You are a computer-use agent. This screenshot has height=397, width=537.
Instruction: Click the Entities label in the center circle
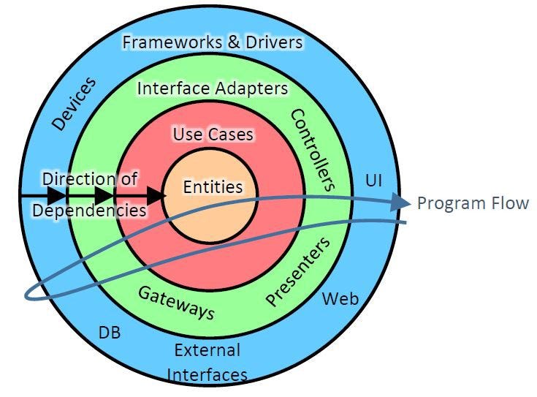[x=213, y=187]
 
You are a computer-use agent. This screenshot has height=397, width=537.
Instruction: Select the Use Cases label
[x=213, y=135]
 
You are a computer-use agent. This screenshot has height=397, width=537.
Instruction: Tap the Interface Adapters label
[x=213, y=89]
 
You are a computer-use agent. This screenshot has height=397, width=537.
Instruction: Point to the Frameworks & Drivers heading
[x=212, y=42]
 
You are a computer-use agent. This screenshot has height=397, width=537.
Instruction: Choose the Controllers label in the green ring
[x=312, y=149]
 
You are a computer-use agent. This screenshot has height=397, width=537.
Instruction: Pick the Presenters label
[x=298, y=271]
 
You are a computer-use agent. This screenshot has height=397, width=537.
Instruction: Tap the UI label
[x=373, y=180]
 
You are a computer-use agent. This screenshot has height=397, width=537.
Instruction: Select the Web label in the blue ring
[x=340, y=298]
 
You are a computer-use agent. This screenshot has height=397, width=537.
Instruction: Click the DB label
[x=110, y=333]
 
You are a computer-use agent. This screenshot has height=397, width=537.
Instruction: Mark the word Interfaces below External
[x=207, y=375]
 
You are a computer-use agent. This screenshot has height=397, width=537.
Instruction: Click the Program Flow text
[x=472, y=203]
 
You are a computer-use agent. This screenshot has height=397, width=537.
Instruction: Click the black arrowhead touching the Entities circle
[x=155, y=195]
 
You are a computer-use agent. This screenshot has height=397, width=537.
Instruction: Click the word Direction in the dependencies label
[x=69, y=179]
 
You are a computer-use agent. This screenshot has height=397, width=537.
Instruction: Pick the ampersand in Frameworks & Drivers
[x=233, y=42]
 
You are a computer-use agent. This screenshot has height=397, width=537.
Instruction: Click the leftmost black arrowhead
[x=56, y=195]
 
